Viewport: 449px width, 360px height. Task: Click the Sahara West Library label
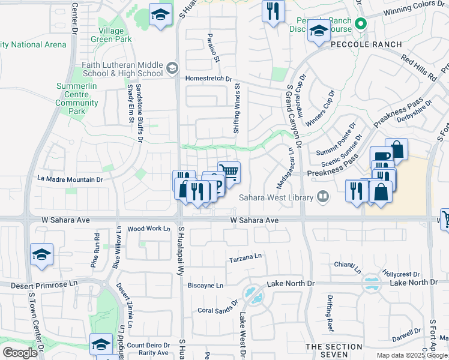click(x=276, y=197)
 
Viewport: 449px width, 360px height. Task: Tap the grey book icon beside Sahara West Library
click(x=323, y=197)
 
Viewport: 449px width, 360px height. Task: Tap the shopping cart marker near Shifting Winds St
click(x=228, y=173)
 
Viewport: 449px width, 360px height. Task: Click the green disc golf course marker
click(x=360, y=24)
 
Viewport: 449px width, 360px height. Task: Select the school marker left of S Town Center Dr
click(x=41, y=255)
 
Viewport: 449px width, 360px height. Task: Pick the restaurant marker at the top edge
click(x=273, y=11)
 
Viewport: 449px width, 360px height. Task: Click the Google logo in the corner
click(x=20, y=353)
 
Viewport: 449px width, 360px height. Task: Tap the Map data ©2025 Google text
click(x=412, y=355)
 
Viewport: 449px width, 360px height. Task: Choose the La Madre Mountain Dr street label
click(x=70, y=179)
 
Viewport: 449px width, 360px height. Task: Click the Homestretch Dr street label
click(x=208, y=79)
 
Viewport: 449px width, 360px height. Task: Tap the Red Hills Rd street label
click(x=419, y=68)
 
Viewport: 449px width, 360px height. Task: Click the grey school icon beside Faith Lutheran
click(x=173, y=67)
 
